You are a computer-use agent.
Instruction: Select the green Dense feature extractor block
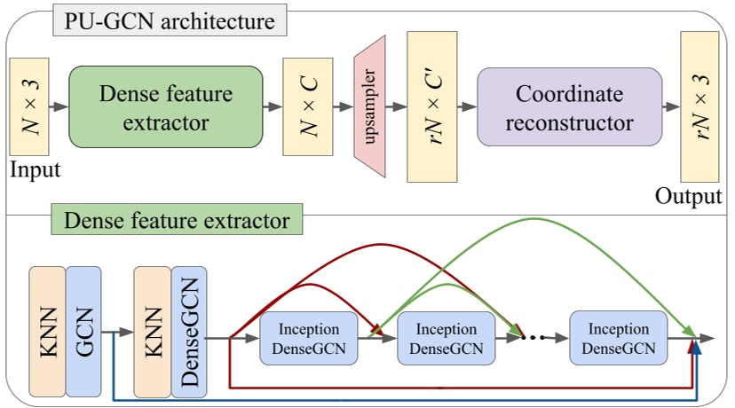[x=166, y=106]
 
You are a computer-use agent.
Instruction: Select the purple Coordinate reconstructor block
[x=569, y=106]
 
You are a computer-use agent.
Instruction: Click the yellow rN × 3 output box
[x=699, y=106]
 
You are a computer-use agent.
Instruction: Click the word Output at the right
[x=689, y=196]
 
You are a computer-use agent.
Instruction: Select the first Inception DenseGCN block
[x=308, y=337]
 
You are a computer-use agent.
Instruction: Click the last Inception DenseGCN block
[x=618, y=337]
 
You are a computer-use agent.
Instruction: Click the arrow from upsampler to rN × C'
[x=396, y=106]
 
